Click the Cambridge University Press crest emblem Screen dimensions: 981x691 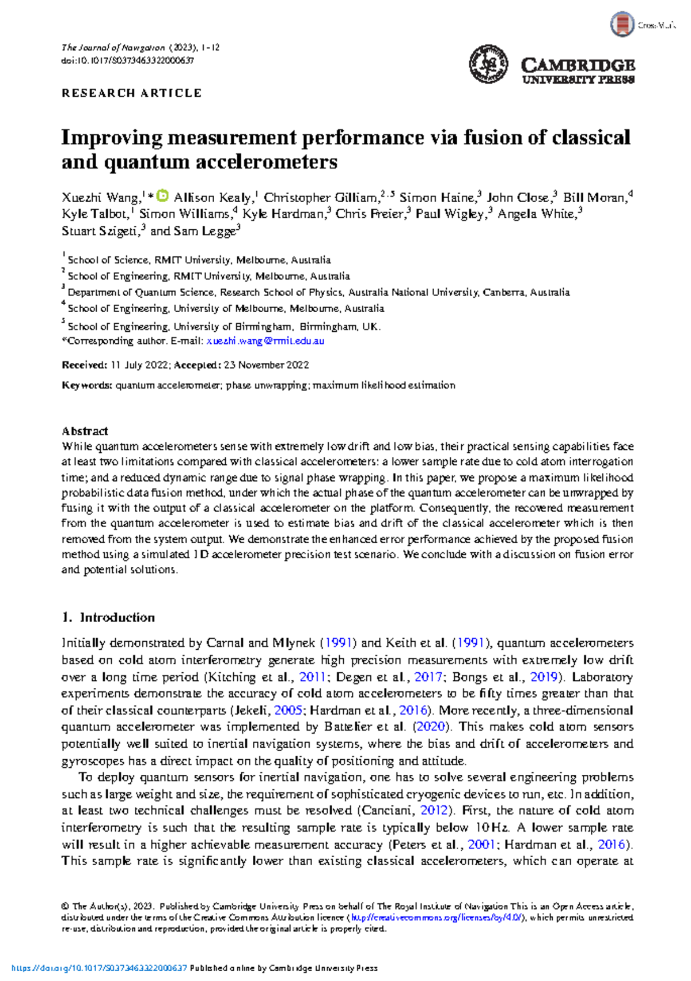(488, 64)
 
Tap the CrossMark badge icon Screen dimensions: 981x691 (622, 25)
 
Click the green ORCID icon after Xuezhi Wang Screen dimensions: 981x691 (163, 196)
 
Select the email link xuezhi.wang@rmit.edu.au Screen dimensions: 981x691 (265, 341)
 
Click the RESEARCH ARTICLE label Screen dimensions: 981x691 (131, 93)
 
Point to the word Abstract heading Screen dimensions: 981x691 (85, 431)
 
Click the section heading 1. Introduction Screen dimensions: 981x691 (108, 618)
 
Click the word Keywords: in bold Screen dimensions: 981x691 (87, 385)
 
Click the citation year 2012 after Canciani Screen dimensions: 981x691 (434, 810)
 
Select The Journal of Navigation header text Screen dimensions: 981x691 (113, 48)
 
